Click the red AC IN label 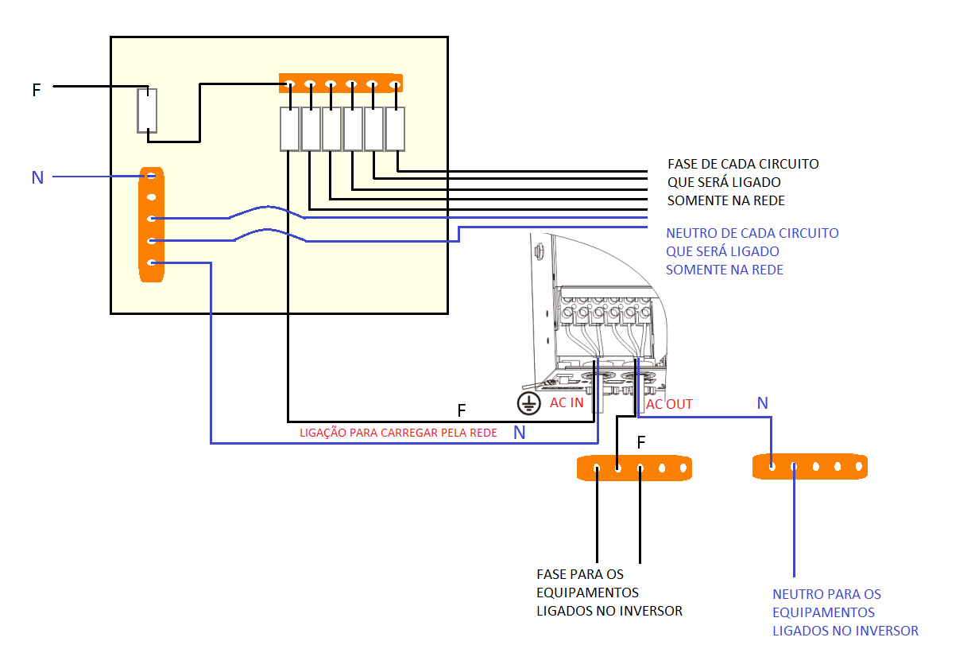pos(567,402)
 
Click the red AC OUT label pos(669,404)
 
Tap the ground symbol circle pos(529,403)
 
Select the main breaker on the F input pos(147,111)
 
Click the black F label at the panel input pos(37,90)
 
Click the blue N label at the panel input pos(37,177)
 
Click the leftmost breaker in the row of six pos(289,129)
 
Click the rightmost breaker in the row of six pos(395,129)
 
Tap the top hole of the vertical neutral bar pos(151,176)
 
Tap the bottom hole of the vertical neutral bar pos(151,262)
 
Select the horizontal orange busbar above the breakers pos(341,83)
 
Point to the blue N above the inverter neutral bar pos(763,403)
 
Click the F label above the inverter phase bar pos(641,442)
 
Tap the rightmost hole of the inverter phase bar pos(683,468)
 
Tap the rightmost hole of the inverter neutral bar pos(859,467)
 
